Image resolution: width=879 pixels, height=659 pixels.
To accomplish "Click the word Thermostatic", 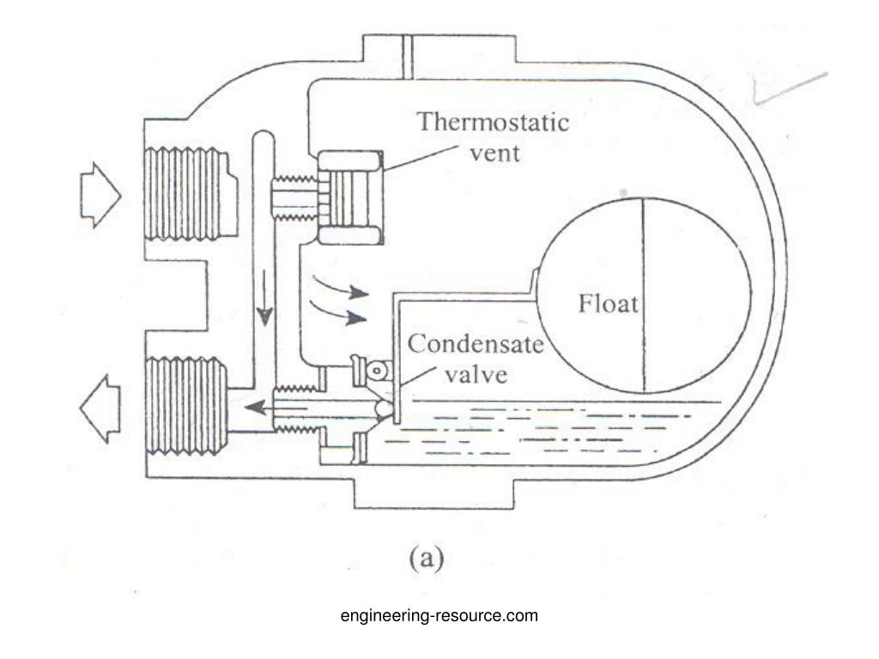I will [x=494, y=122].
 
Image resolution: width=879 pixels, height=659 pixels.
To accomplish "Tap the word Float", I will [x=609, y=305].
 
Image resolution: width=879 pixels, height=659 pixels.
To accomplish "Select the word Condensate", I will [x=475, y=345].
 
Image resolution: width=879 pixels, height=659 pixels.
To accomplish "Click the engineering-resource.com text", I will [x=439, y=615].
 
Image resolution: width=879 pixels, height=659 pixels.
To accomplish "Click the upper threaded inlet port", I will [x=187, y=194].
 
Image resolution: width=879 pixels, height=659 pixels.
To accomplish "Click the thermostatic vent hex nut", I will [x=350, y=196].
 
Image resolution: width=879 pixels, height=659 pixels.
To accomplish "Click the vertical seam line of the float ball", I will [x=643, y=294].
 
